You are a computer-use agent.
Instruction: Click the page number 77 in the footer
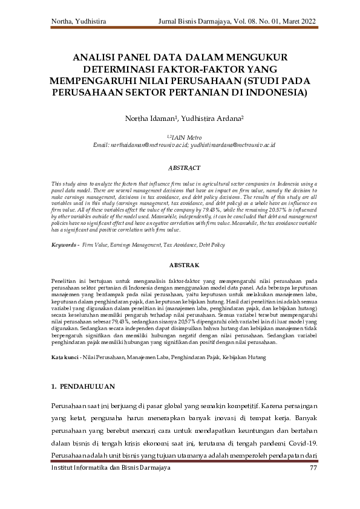(x=313, y=467)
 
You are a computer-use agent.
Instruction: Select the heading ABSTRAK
(x=180, y=265)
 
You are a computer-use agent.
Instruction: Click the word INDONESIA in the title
(x=273, y=93)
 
